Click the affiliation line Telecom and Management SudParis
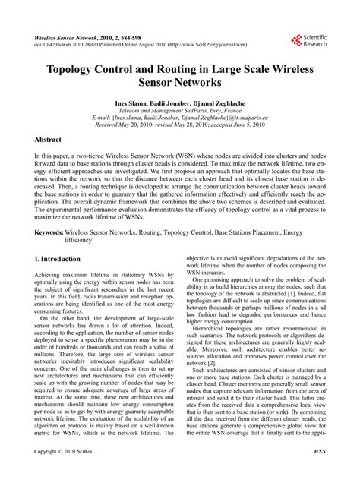click(x=179, y=110)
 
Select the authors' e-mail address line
click(x=180, y=118)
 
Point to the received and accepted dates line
click(x=180, y=127)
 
